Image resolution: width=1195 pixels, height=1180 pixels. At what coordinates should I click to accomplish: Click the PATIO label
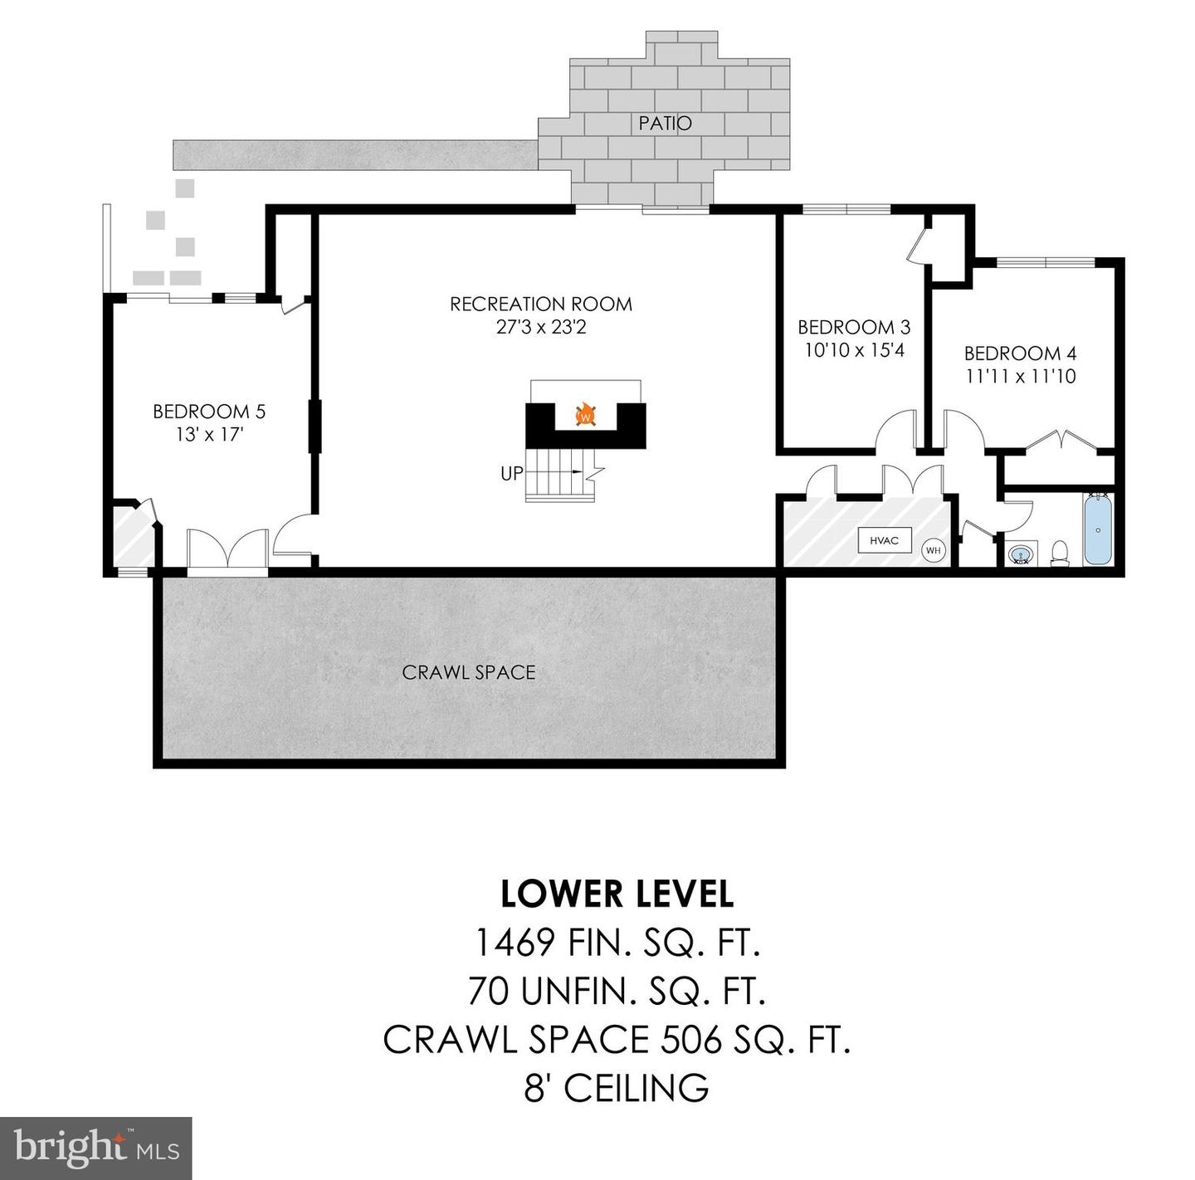point(665,124)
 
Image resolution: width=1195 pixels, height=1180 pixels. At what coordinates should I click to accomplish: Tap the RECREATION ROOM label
point(541,305)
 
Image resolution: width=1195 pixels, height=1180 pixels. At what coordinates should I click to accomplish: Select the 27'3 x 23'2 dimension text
point(541,327)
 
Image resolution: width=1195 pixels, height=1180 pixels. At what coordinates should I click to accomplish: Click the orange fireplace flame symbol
point(586,414)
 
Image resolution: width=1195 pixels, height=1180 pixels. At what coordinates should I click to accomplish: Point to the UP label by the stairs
point(512,474)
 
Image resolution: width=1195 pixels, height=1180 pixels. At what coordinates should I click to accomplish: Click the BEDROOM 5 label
point(209,412)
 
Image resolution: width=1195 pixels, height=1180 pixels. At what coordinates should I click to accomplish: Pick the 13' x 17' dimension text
point(209,434)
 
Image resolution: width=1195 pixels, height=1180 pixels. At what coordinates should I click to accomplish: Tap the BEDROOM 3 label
point(854,327)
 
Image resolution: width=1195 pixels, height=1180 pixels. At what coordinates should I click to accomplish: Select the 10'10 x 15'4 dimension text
point(854,350)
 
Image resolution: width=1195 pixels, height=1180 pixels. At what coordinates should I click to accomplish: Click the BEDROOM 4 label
point(1020,354)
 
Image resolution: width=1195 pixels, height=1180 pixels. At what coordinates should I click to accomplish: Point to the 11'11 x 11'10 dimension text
point(1020,377)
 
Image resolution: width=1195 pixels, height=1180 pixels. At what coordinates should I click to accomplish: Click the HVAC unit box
point(884,541)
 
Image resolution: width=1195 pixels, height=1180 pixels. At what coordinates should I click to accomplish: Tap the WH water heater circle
point(933,550)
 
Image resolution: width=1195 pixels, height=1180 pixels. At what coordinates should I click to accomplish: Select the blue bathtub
point(1098,529)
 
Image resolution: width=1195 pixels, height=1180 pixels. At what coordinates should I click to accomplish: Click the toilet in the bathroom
point(1060,553)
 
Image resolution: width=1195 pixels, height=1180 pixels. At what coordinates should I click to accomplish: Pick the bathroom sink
point(1021,553)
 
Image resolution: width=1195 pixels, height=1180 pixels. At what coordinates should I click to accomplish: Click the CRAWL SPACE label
point(469,672)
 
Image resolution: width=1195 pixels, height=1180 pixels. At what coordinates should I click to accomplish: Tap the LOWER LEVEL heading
point(617,894)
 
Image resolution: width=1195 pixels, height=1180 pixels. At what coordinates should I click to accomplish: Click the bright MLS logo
point(96,1148)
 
